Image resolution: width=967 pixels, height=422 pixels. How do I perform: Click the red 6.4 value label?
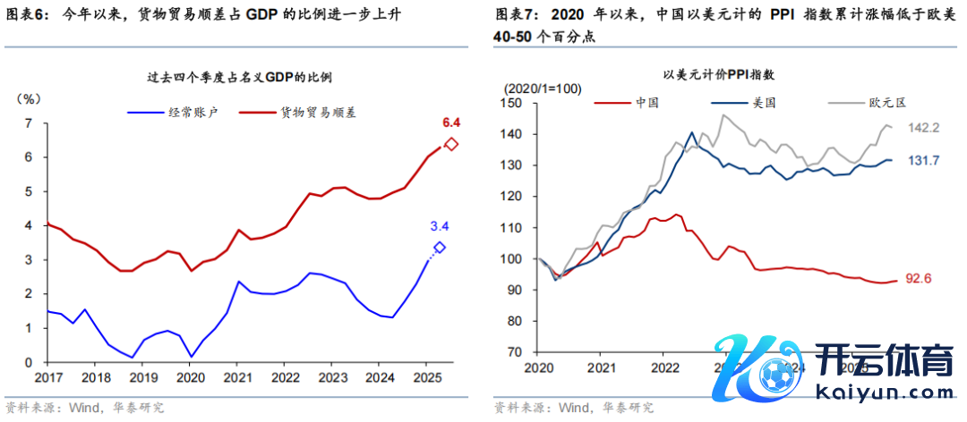[450, 122]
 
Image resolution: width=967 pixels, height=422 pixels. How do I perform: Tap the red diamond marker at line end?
[451, 144]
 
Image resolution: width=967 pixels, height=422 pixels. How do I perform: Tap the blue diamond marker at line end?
[439, 247]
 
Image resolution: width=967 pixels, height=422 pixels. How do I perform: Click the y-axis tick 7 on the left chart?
[29, 123]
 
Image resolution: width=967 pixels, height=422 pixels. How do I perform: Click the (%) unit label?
[30, 97]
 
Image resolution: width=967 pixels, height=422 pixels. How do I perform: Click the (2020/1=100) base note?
[543, 89]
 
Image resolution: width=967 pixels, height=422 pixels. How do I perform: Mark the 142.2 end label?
[923, 129]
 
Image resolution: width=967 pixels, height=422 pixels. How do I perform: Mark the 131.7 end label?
[923, 161]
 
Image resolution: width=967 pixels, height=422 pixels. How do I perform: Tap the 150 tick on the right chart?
[512, 104]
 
